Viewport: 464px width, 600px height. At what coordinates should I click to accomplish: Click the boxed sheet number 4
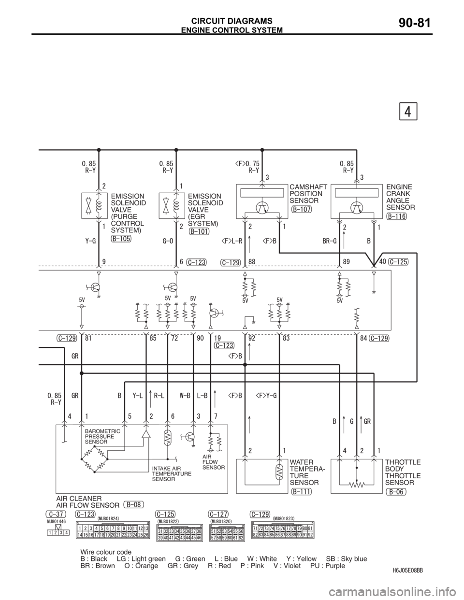click(x=408, y=112)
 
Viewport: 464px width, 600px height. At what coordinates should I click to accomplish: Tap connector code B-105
click(x=121, y=238)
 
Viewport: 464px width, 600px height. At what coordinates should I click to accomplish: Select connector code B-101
click(x=199, y=231)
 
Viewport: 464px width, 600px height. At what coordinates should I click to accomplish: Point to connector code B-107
click(x=302, y=209)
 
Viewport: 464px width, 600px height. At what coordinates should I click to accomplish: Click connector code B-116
click(x=396, y=216)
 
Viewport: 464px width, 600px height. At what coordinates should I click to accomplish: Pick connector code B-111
click(x=302, y=491)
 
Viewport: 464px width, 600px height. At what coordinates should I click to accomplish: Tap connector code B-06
click(x=396, y=491)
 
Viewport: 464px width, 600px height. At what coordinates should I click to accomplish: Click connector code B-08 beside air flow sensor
click(x=133, y=505)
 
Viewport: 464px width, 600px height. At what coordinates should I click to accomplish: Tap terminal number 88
click(x=252, y=261)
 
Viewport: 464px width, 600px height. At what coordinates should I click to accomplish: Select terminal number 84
click(x=363, y=339)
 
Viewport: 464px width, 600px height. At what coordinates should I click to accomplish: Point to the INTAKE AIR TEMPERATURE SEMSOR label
click(x=172, y=473)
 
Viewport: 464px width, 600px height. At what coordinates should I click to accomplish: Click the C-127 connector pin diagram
click(x=227, y=532)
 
